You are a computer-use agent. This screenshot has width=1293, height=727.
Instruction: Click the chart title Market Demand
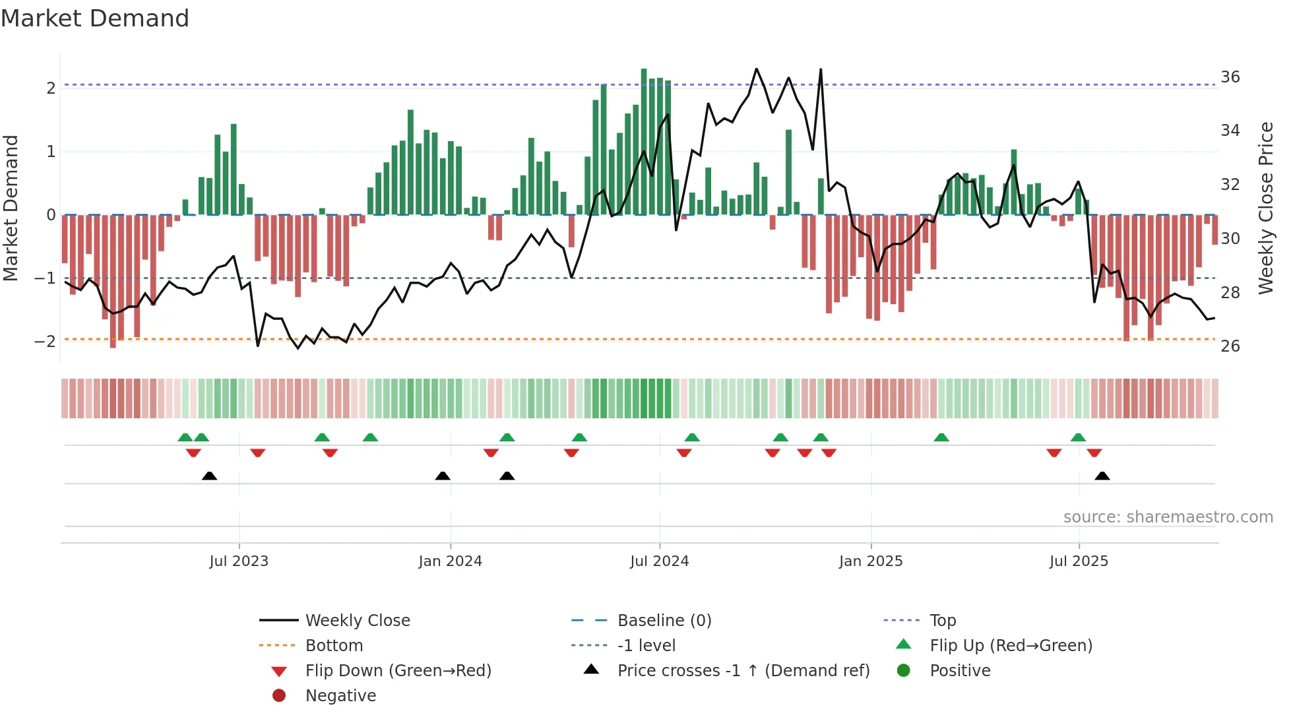coord(95,18)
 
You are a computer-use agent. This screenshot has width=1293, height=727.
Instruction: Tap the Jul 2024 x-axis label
coord(659,561)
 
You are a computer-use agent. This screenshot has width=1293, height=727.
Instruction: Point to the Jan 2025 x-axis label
coord(870,561)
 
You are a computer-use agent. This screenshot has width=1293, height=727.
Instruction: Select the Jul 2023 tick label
coord(239,561)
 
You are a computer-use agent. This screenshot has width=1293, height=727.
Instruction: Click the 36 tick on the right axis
coord(1230,77)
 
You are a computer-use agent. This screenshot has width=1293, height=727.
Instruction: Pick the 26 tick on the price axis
coord(1230,346)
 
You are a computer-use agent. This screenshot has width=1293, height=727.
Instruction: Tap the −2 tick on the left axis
coord(45,342)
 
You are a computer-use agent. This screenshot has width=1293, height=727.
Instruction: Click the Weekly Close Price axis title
coord(1265,208)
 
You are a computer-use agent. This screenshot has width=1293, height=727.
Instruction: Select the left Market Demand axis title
coord(11,208)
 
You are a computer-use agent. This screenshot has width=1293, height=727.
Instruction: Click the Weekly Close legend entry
coord(357,621)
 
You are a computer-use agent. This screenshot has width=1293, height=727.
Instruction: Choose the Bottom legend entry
coord(334,646)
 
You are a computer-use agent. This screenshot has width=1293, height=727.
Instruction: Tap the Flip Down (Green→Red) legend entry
coord(398,671)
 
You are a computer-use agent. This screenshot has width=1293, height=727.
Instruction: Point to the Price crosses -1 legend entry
coord(743,671)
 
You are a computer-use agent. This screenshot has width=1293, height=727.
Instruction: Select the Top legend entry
coord(942,621)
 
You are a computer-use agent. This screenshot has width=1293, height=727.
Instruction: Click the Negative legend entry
coord(340,696)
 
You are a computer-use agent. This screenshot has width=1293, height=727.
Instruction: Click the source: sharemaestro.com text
coord(1168,517)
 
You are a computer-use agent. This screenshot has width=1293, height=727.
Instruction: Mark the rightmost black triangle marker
coord(1102,476)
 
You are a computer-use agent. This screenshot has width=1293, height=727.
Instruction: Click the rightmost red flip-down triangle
coord(1094,453)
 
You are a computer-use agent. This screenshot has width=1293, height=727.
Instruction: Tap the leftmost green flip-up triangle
coord(185,437)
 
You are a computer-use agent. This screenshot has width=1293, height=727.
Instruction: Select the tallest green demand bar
coord(644,142)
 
